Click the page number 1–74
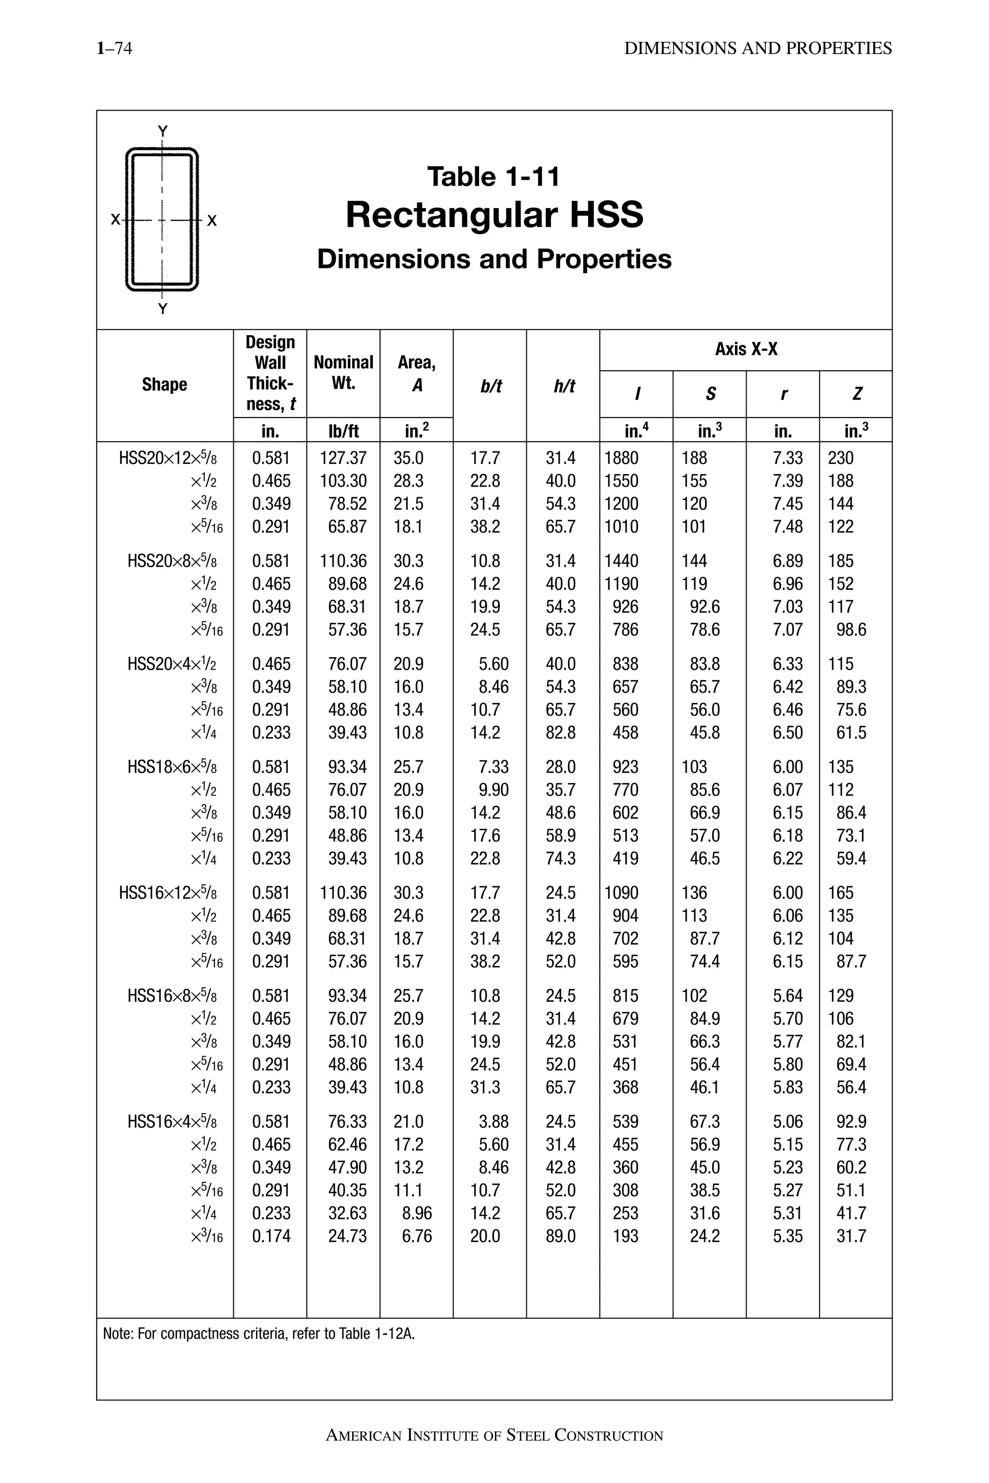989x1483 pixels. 114,49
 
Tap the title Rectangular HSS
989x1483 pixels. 494,215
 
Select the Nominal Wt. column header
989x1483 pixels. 343,372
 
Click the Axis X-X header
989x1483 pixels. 746,350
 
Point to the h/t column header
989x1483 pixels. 563,386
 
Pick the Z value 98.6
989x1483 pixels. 851,630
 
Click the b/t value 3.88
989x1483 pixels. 493,1122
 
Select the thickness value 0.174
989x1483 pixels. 271,1236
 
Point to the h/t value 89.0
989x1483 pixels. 560,1236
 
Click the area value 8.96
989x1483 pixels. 417,1213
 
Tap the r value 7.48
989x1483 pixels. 787,527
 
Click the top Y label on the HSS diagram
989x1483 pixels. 163,131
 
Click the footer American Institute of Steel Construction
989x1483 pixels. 494,1436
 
